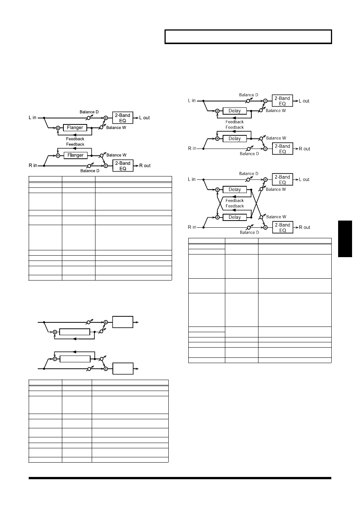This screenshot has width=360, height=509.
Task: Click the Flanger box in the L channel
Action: pyautogui.click(x=75, y=128)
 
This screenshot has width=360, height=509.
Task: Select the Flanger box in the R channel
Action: pyautogui.click(x=75, y=155)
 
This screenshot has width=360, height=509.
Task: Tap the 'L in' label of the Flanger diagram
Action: pyautogui.click(x=32, y=118)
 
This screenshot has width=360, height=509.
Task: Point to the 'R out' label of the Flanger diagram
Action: pyautogui.click(x=145, y=166)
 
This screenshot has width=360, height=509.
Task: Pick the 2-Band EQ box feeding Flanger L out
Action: pyautogui.click(x=123, y=118)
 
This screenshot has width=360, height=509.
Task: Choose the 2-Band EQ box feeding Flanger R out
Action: pyautogui.click(x=123, y=166)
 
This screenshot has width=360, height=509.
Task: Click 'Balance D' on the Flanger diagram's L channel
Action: pyautogui.click(x=89, y=112)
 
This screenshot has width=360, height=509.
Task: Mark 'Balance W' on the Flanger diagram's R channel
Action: pyautogui.click(x=117, y=155)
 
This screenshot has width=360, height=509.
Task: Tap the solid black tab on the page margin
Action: pyautogui.click(x=345, y=239)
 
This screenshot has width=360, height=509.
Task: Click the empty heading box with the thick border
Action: pyautogui.click(x=248, y=37)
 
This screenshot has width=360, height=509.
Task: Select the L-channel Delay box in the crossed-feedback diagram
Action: pyautogui.click(x=235, y=190)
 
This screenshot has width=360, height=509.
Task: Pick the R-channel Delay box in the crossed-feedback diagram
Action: pyautogui.click(x=235, y=217)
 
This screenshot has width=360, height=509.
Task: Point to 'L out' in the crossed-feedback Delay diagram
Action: pyautogui.click(x=304, y=179)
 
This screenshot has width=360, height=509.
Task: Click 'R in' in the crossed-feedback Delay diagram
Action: pyautogui.click(x=192, y=227)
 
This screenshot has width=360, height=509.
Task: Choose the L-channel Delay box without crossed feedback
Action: pyautogui.click(x=234, y=111)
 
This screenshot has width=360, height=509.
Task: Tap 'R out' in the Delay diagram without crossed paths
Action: pyautogui.click(x=305, y=149)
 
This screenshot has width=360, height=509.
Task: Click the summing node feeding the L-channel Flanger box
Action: pyautogui.click(x=58, y=128)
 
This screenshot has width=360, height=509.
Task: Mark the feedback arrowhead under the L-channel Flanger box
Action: pyautogui.click(x=74, y=135)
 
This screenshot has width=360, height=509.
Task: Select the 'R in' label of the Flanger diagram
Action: pyautogui.click(x=33, y=166)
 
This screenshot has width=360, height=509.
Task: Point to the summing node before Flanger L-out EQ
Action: pyautogui.click(x=106, y=118)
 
